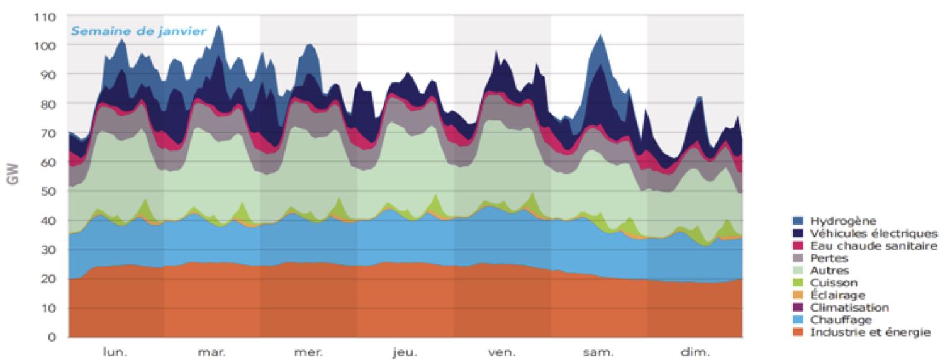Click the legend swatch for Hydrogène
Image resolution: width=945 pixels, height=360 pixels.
(798, 221)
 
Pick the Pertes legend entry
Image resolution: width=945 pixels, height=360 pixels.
(829, 258)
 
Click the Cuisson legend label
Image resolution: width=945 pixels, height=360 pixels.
(834, 283)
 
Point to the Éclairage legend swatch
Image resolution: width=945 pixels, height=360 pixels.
(798, 295)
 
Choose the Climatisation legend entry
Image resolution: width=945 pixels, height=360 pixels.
(849, 307)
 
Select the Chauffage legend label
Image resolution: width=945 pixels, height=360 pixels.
(837, 320)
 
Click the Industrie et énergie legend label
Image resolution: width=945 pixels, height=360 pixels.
(870, 332)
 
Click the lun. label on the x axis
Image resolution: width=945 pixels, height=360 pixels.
(115, 352)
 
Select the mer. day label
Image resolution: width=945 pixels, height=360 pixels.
(308, 352)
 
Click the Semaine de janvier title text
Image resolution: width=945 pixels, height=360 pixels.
(138, 31)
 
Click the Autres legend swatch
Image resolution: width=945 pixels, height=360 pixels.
(798, 271)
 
